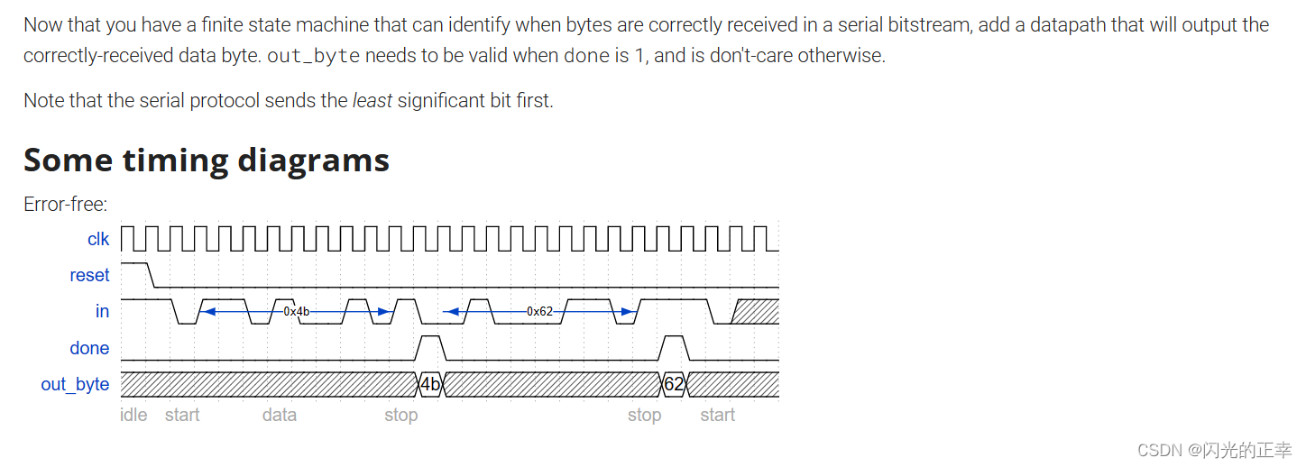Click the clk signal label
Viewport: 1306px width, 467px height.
point(98,239)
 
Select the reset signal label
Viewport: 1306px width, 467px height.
point(89,275)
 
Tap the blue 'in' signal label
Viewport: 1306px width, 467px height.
point(102,311)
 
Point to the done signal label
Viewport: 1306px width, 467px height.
point(89,348)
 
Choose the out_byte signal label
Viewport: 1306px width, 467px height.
point(75,384)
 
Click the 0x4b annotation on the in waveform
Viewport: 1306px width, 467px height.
point(297,311)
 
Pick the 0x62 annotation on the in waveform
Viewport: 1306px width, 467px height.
point(539,311)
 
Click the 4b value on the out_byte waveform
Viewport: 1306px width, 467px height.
point(431,385)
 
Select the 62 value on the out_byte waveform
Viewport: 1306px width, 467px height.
point(674,385)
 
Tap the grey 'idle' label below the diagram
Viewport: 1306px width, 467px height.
point(133,415)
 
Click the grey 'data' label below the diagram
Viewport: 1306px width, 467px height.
point(280,415)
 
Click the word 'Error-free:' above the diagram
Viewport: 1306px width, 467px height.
point(66,204)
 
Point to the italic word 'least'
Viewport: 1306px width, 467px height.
point(372,100)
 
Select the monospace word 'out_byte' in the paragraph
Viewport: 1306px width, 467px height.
point(314,56)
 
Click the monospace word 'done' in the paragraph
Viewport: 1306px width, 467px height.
point(586,56)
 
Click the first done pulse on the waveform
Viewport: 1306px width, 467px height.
point(431,346)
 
